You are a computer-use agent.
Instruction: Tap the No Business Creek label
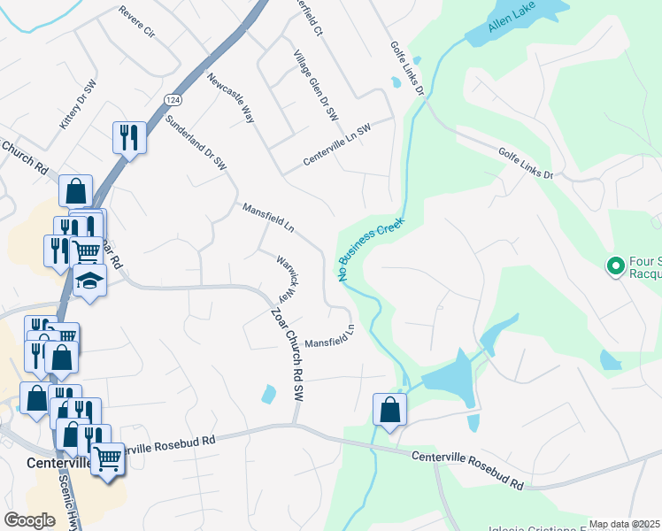point(372,250)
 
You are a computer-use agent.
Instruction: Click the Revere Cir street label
point(137,22)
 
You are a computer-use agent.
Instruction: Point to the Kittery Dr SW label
point(77,106)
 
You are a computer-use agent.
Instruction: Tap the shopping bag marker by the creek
point(390,409)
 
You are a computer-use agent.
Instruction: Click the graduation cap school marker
point(89,280)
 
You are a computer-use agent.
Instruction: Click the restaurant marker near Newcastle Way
point(130,137)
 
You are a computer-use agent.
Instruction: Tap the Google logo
point(29,520)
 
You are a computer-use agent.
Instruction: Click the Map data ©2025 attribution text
point(623,524)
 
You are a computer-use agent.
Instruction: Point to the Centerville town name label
point(58,463)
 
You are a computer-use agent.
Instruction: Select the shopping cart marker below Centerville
point(108,459)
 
